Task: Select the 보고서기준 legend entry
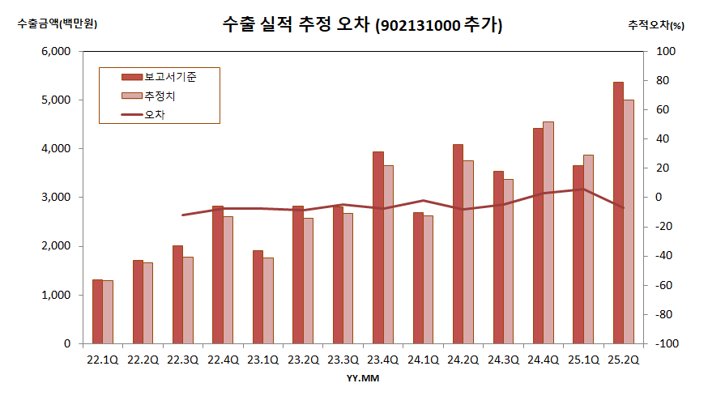171,77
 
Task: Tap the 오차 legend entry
155,115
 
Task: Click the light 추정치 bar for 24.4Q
548,232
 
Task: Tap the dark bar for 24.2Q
458,244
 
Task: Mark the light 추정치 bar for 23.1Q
268,300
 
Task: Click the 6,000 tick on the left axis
56,52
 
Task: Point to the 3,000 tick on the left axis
56,198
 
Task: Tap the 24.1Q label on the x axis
424,359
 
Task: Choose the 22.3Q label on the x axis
183,359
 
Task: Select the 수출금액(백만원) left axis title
58,24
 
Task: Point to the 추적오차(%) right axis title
656,25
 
